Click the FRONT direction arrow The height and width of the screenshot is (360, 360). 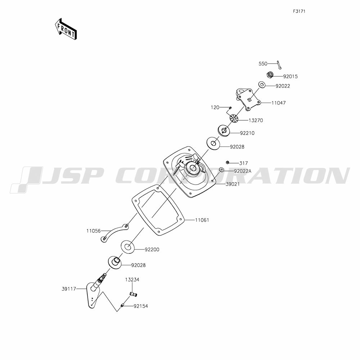click(66, 29)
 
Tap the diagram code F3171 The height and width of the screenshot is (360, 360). click(299, 11)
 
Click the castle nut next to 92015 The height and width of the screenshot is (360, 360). click(270, 75)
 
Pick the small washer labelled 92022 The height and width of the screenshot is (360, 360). click(262, 85)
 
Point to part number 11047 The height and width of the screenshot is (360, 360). click(279, 103)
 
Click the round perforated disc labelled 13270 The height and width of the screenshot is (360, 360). click(234, 118)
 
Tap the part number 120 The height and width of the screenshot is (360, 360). click(215, 107)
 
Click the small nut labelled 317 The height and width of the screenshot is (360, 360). click(228, 163)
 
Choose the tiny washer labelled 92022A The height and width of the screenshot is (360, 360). click(221, 170)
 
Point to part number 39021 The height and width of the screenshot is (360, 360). click(232, 184)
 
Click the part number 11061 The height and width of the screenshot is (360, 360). click(202, 220)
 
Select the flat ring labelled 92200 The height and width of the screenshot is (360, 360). click(128, 247)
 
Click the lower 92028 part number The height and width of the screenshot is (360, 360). click(139, 265)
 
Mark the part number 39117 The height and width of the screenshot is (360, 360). click(69, 289)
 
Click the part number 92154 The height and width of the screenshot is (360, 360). click(141, 306)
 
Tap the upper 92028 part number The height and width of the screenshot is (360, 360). click(237, 147)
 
